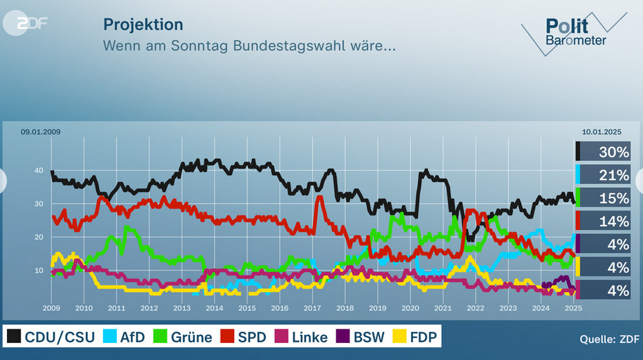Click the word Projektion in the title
click(x=143, y=25)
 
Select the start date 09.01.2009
click(x=40, y=132)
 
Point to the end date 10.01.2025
click(x=602, y=132)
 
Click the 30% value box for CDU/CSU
click(x=603, y=152)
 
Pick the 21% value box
click(x=603, y=175)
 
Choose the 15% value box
click(x=603, y=199)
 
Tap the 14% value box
click(x=603, y=221)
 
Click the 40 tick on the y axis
click(x=38, y=171)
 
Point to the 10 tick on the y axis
click(x=38, y=271)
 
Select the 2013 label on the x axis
click(x=182, y=308)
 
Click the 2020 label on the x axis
click(x=410, y=308)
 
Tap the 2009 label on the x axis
click(x=51, y=308)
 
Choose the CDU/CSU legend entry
click(x=52, y=337)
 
